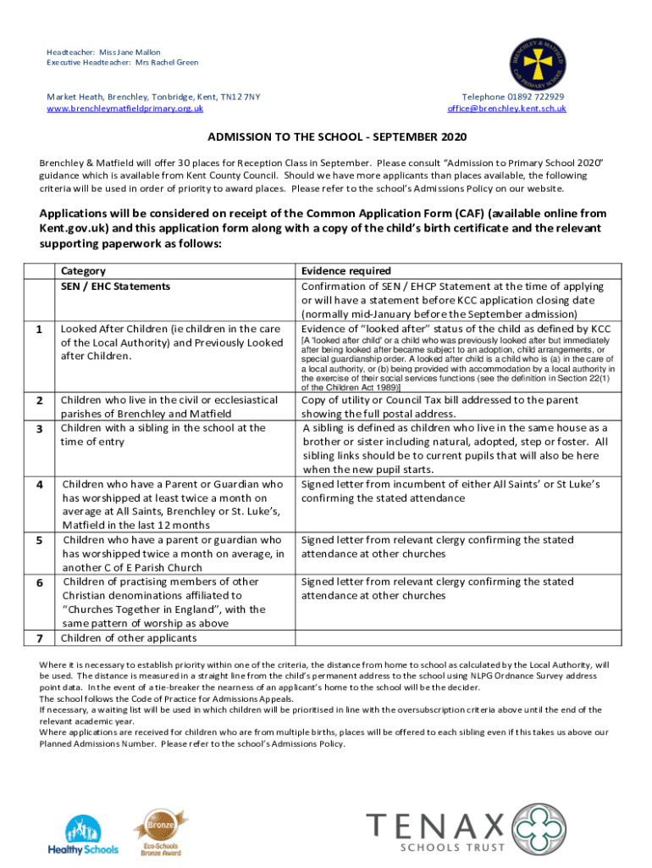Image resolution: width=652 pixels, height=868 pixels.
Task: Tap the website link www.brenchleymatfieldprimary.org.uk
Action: tap(124, 108)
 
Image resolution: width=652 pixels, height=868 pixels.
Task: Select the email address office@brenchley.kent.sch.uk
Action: tap(506, 108)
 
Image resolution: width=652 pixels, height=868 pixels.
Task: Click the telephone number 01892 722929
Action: tap(533, 97)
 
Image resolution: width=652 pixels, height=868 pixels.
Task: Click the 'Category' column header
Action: tap(83, 271)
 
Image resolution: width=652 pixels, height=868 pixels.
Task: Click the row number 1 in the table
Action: tap(40, 330)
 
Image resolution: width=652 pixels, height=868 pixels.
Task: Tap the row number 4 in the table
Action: tap(40, 484)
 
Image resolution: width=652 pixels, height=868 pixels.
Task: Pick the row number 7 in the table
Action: tap(40, 637)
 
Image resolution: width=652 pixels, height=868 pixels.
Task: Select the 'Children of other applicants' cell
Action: tap(130, 637)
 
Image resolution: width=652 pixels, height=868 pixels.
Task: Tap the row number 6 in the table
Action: tap(40, 582)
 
